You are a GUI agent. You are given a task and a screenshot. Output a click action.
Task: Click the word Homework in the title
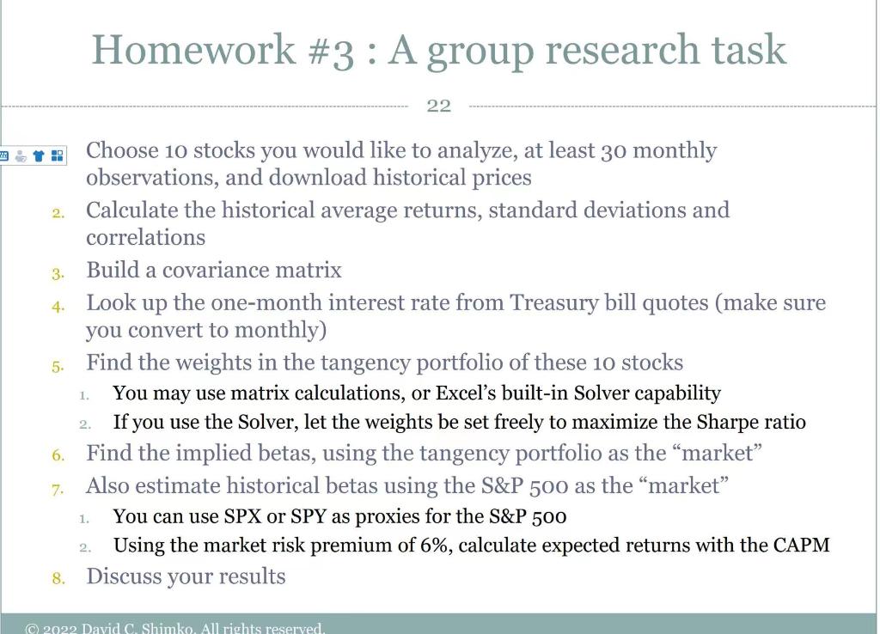(193, 49)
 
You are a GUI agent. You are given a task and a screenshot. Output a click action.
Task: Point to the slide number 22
(438, 106)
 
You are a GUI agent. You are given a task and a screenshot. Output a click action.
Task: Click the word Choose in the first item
(123, 151)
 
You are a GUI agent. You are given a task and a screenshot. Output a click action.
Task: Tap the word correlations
(145, 237)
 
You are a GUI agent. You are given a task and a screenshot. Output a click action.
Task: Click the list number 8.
(58, 577)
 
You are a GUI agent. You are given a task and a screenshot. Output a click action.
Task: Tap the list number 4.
(58, 305)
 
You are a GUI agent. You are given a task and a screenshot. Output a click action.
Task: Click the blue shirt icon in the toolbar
(39, 155)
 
